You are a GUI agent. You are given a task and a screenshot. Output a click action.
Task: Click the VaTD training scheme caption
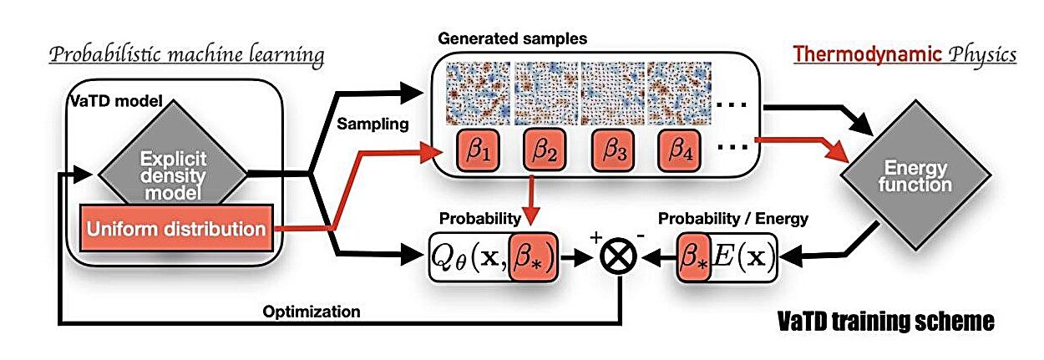tap(886, 320)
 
